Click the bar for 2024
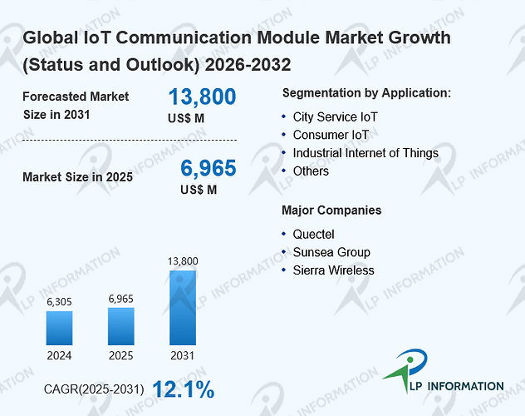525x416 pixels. tap(59, 328)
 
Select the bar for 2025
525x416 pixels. tap(121, 326)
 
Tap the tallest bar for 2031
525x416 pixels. tap(183, 308)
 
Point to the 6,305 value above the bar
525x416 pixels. tap(59, 302)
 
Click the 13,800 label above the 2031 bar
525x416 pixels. tap(183, 261)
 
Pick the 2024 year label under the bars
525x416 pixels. tap(59, 355)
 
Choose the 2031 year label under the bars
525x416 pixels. tap(183, 355)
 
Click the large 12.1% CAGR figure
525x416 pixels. tap(184, 389)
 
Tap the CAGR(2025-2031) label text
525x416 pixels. tap(94, 389)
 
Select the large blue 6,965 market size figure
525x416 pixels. tap(209, 168)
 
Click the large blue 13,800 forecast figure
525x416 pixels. tap(202, 97)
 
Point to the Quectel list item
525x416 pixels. tap(313, 235)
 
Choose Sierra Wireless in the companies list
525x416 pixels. tap(333, 270)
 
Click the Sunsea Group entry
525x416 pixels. tap(331, 252)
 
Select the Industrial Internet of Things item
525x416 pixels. tap(366, 153)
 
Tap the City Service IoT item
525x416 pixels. tap(335, 117)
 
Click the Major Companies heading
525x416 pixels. tap(331, 210)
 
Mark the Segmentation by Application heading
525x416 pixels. tap(366, 93)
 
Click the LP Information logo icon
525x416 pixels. tap(406, 369)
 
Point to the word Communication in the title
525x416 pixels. tap(184, 37)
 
